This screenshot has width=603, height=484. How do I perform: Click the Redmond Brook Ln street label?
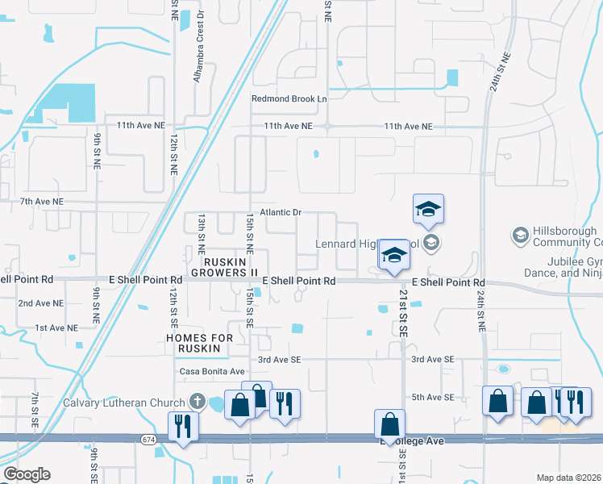tap(289, 98)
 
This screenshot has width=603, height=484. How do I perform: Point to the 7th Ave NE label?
tap(42, 201)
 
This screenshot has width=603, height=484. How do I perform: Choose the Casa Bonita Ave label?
tap(212, 371)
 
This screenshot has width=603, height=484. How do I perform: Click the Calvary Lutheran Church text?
tap(125, 403)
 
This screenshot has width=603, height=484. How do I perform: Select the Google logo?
tap(27, 474)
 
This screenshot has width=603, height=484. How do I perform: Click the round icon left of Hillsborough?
tap(520, 236)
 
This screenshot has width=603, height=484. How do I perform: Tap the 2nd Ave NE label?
tap(41, 303)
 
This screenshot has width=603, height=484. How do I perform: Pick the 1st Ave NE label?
tap(56, 328)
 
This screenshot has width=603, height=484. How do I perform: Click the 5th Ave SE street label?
tap(434, 397)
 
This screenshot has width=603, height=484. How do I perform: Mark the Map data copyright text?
tap(569, 478)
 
